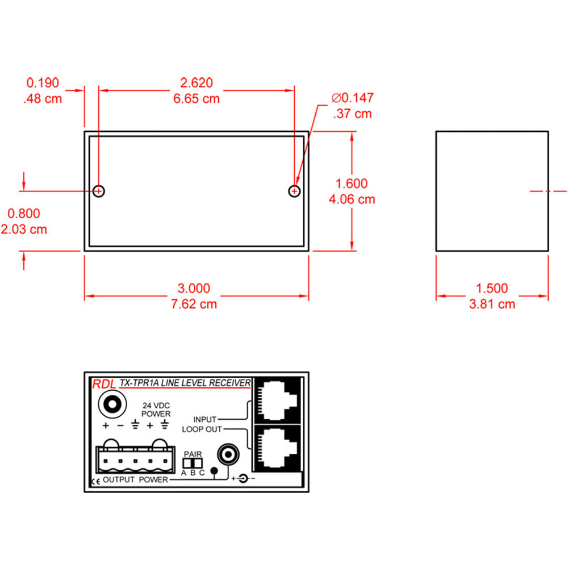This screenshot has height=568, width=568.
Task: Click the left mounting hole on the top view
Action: pos(99,191)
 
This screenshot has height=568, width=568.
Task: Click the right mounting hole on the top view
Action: pos(294,191)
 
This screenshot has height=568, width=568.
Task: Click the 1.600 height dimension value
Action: pos(352,183)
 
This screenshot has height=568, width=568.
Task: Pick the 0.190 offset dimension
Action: pos(43,83)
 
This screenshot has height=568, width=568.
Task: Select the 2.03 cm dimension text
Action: pos(24,229)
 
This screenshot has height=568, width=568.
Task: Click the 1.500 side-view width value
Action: pos(492,289)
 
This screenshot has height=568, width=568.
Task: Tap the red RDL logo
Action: pos(103,385)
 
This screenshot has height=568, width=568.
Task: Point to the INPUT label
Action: pos(204,419)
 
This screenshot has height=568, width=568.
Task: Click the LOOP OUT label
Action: pos(202,429)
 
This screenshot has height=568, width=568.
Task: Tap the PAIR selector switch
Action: pos(193,463)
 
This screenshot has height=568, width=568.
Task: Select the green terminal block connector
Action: pos(134,458)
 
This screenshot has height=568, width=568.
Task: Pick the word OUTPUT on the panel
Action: pos(119,479)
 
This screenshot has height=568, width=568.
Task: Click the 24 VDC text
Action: pos(156,405)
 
